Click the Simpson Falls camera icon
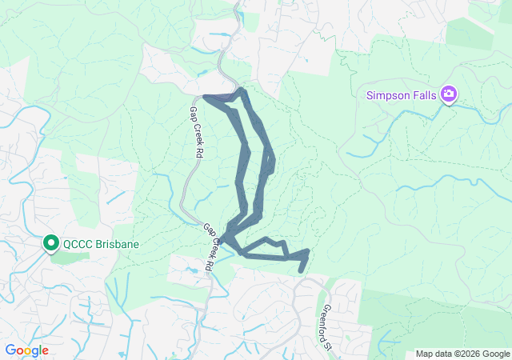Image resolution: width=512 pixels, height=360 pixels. click(x=448, y=95)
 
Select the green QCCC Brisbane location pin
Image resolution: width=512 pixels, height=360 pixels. click(x=51, y=242)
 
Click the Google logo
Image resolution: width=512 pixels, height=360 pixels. click(x=26, y=350)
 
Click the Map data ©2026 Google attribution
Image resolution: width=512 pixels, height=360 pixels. click(x=462, y=354)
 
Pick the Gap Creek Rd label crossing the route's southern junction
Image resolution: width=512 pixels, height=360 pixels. click(x=208, y=246)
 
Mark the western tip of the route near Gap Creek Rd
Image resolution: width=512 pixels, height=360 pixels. click(x=206, y=98)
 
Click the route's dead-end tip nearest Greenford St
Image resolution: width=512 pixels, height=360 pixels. click(x=301, y=271)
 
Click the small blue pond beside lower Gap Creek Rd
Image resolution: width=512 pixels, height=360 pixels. click(x=192, y=271)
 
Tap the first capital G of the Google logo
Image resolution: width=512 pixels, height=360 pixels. click(x=10, y=350)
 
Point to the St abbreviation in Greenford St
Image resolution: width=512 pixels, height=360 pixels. click(x=327, y=346)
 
